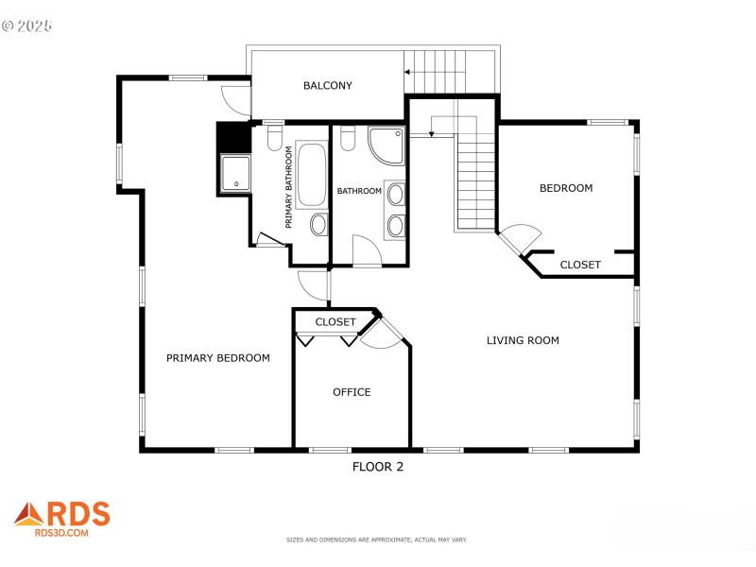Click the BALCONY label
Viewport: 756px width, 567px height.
(x=327, y=86)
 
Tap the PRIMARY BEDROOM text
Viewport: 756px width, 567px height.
(x=218, y=358)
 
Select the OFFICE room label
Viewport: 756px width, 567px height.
(x=352, y=392)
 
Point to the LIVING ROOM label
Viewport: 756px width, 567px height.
(x=523, y=340)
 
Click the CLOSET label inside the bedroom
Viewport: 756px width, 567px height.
(x=579, y=265)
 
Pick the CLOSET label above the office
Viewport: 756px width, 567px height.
(x=335, y=322)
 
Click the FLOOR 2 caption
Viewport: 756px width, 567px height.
(x=378, y=466)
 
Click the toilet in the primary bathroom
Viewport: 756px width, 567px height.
(x=274, y=139)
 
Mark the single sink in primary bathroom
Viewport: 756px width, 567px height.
(x=318, y=224)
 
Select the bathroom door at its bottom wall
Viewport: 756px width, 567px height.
(x=366, y=251)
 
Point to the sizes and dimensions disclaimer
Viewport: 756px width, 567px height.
(x=377, y=540)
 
